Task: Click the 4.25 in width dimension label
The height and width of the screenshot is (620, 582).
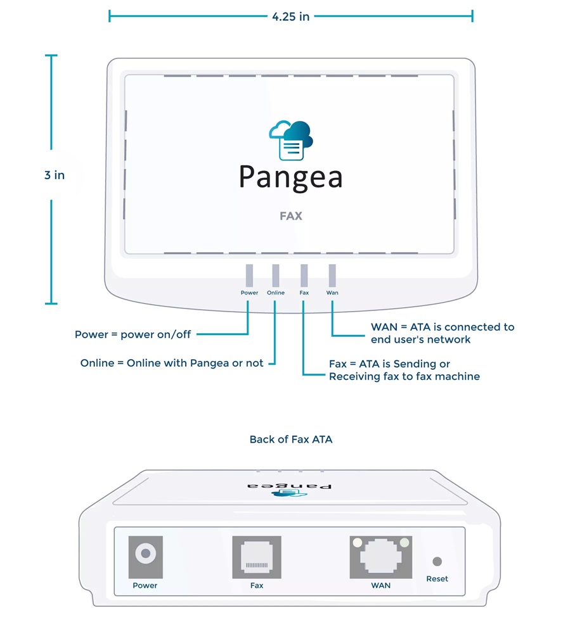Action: (x=291, y=16)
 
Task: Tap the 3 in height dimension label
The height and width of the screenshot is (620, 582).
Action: (x=55, y=175)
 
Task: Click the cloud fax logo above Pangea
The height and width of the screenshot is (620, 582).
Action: (x=291, y=140)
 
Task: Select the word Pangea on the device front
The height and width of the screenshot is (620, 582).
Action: (x=291, y=177)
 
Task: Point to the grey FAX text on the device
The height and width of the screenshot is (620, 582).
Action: (x=291, y=216)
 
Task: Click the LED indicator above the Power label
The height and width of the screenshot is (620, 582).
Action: (x=249, y=276)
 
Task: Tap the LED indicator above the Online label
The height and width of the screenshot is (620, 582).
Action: (x=276, y=276)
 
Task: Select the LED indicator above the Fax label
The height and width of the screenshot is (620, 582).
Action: (x=304, y=276)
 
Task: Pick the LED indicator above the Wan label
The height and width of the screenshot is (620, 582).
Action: (x=332, y=276)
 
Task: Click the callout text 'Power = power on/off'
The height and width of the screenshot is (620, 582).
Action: (x=133, y=334)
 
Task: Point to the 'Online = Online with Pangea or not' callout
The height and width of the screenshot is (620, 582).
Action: (x=172, y=364)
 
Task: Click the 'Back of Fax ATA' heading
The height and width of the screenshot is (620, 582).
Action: (x=291, y=440)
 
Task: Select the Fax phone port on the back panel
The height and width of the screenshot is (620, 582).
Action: (x=257, y=557)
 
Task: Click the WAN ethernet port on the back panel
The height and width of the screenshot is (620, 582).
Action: (x=381, y=557)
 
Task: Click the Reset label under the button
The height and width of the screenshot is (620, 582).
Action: (x=437, y=579)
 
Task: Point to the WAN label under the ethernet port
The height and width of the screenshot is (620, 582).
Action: (x=381, y=585)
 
